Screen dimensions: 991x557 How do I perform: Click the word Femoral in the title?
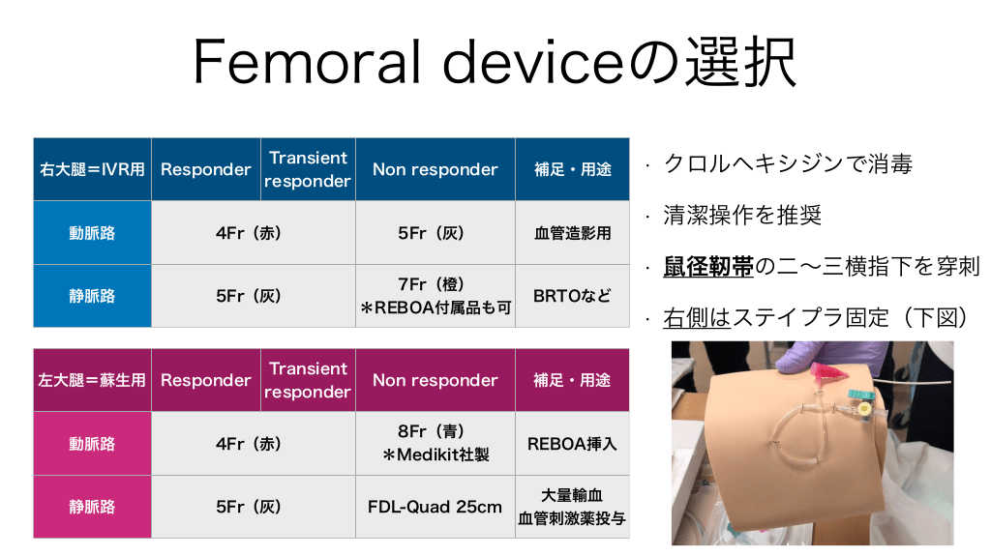[x=306, y=62]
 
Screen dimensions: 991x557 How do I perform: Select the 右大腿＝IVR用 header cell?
[x=92, y=169]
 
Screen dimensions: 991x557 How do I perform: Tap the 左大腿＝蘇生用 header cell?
[x=92, y=380]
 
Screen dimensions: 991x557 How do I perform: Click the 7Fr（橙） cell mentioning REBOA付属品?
[x=435, y=296]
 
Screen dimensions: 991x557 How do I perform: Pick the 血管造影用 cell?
[x=573, y=232]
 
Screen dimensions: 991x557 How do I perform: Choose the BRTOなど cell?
[x=573, y=296]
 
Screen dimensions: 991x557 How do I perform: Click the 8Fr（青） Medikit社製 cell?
[x=435, y=443]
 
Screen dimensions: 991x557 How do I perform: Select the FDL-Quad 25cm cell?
[x=435, y=507]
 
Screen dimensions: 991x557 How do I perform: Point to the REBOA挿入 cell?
[x=573, y=443]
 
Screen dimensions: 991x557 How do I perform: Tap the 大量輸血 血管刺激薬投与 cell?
[x=573, y=507]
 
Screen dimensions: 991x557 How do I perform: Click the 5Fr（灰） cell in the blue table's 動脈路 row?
[x=435, y=232]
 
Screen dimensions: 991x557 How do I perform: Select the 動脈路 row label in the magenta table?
[x=92, y=443]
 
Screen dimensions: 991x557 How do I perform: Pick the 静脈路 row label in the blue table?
[x=92, y=296]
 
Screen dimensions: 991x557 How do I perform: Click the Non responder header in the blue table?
[x=435, y=169]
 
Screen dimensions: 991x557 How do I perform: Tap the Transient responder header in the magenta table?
[x=308, y=380]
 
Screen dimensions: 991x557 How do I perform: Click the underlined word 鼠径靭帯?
[x=708, y=267]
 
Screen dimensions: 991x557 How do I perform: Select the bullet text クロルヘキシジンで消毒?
[x=788, y=164]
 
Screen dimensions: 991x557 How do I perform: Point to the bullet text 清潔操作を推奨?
[x=742, y=216]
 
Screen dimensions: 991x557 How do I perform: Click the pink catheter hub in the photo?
[x=826, y=374]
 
